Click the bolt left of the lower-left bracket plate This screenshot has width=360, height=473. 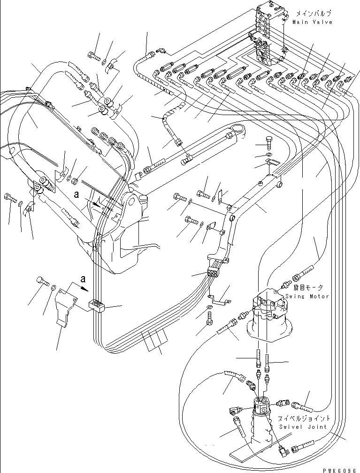coord(42,282)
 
